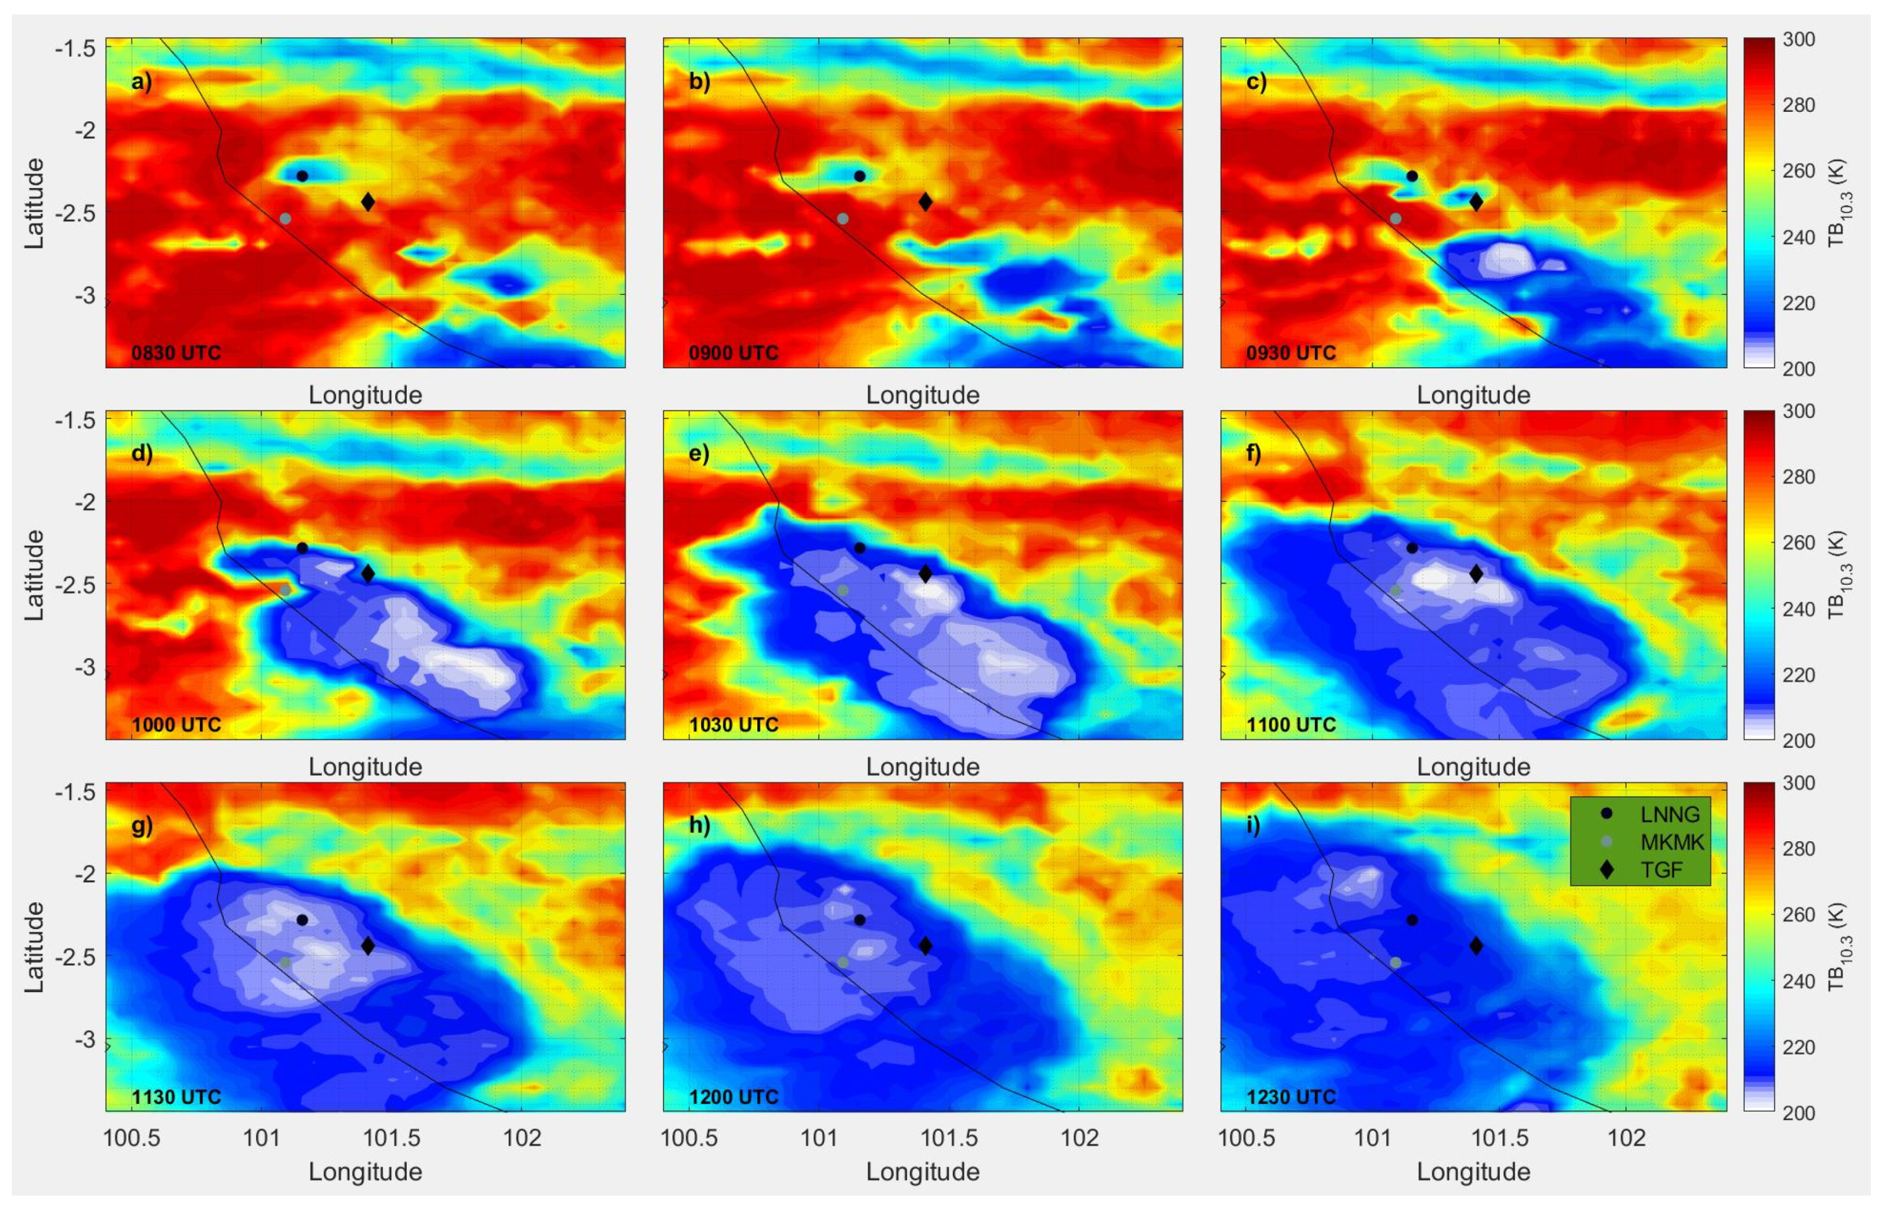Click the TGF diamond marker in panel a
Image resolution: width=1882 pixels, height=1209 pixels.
[367, 201]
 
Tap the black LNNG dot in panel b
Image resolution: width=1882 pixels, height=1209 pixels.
[860, 176]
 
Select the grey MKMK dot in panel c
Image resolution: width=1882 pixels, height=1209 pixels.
[1395, 218]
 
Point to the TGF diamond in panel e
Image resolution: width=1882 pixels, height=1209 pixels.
[925, 574]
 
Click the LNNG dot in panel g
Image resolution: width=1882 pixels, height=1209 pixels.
[302, 919]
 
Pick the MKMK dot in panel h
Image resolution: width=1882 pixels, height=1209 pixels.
[843, 962]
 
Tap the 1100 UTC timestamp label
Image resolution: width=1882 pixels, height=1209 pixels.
[1291, 724]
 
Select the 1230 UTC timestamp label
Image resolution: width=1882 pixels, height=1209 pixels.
[1291, 1097]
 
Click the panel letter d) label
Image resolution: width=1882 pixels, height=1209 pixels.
[142, 454]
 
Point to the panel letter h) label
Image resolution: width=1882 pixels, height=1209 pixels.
[699, 826]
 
